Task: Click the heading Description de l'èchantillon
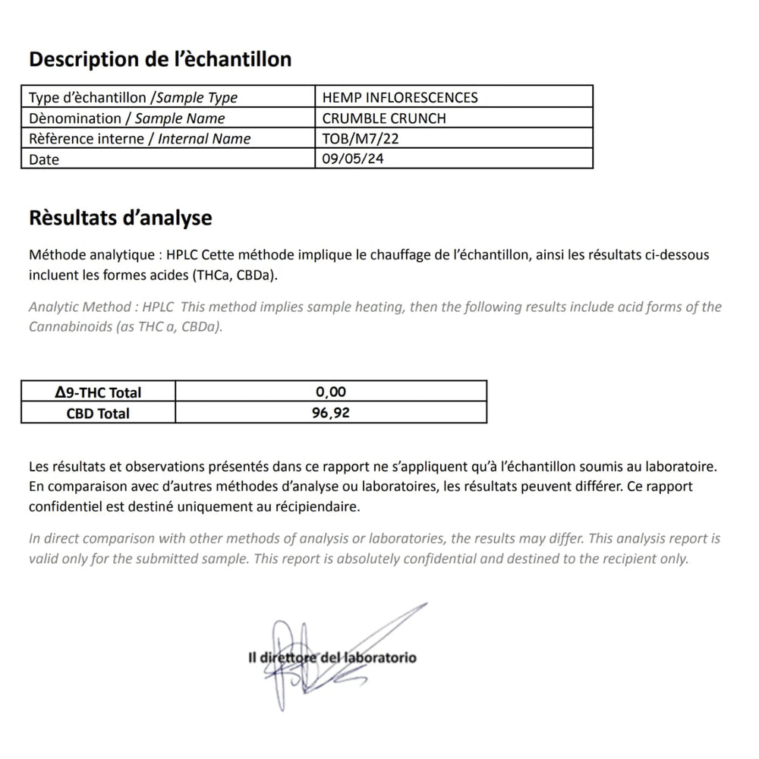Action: [x=159, y=59]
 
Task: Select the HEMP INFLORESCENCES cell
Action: [x=400, y=97]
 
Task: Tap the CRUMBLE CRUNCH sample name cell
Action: [x=384, y=118]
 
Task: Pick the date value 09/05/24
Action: [x=348, y=159]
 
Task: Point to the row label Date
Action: [x=43, y=159]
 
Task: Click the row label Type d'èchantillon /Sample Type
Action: [x=133, y=97]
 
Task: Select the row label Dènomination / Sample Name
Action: [x=127, y=118]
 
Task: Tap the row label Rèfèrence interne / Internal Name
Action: [x=140, y=138]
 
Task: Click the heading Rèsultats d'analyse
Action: [x=120, y=219]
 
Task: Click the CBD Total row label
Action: [x=98, y=413]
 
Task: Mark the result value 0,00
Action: [x=331, y=392]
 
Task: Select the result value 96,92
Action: [x=331, y=413]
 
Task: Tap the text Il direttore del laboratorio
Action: [x=332, y=657]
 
